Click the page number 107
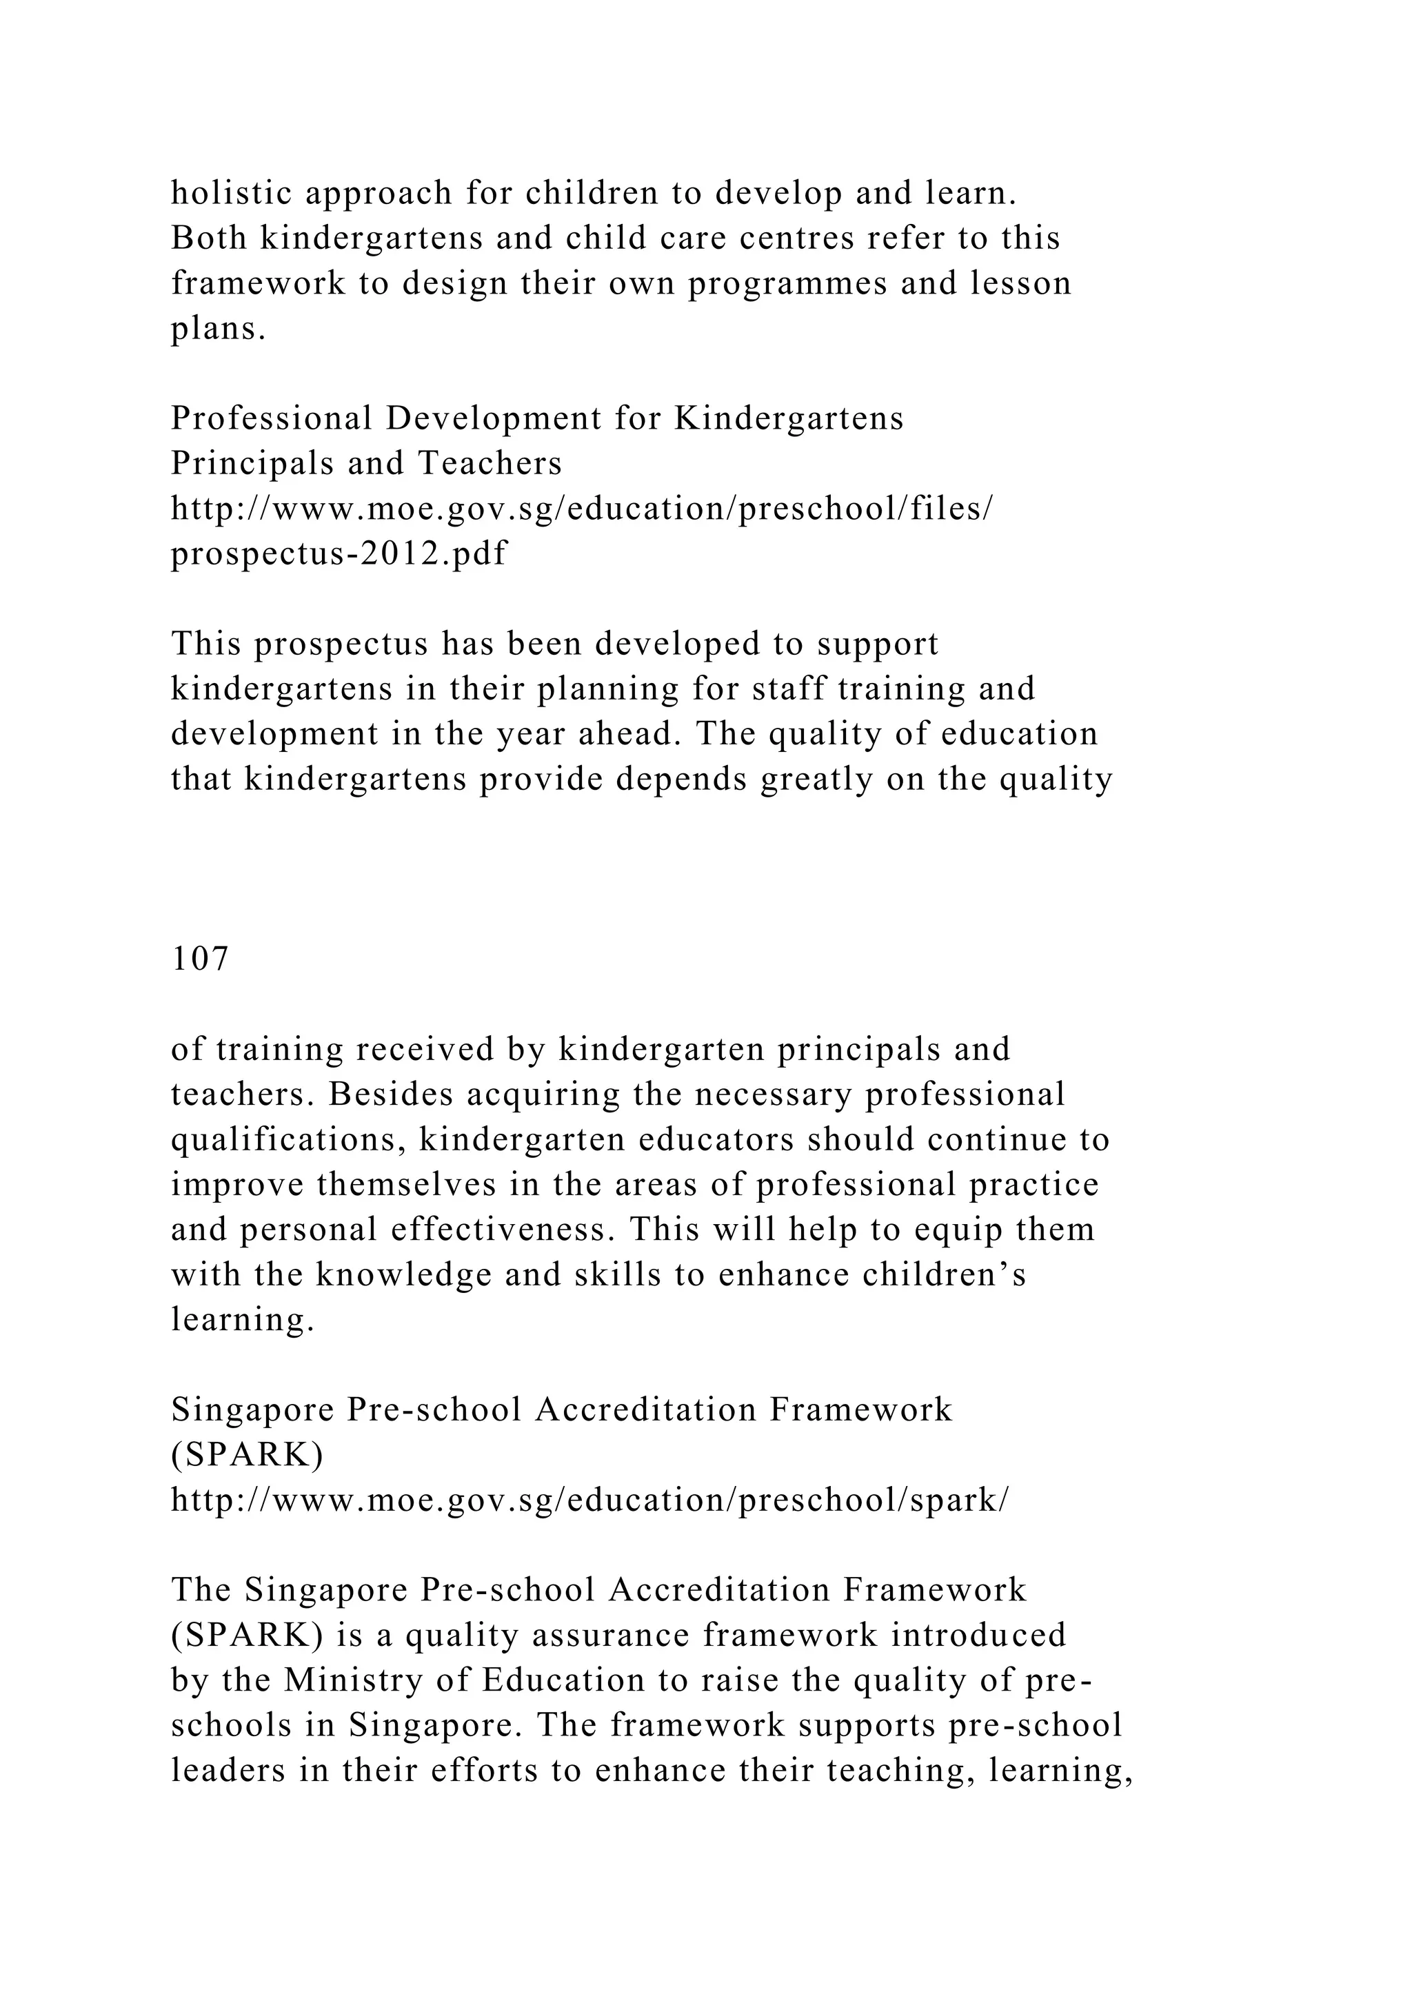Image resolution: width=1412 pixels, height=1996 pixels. (x=200, y=959)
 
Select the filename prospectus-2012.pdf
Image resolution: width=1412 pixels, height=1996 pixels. (x=339, y=553)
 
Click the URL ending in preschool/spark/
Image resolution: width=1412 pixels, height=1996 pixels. (x=589, y=1500)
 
